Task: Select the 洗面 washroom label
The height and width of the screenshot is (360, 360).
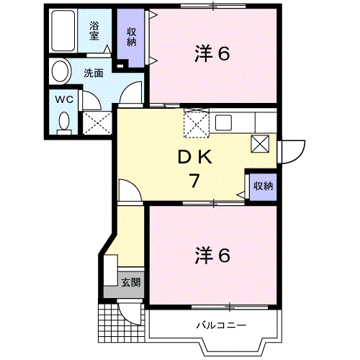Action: coord(93,73)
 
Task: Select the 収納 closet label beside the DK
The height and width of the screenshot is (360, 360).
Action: coord(263,186)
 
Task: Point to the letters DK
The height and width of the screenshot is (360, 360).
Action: coord(194,157)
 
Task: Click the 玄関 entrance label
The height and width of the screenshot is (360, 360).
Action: coord(131,282)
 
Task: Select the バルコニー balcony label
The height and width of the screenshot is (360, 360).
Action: coord(221,325)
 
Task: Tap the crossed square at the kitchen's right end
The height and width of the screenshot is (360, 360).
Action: coord(259,143)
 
